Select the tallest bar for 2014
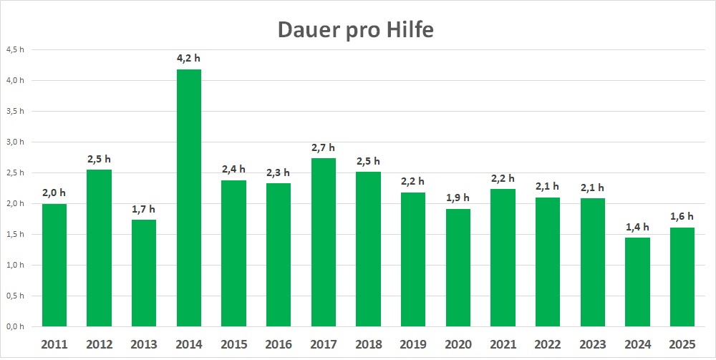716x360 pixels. click(x=188, y=198)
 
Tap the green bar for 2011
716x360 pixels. click(x=54, y=265)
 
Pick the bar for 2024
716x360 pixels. click(x=637, y=282)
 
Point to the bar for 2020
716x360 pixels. click(x=458, y=268)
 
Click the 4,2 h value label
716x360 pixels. click(x=189, y=58)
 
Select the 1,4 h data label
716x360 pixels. click(x=637, y=226)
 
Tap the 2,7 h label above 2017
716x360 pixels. click(x=324, y=147)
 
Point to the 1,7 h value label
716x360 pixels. click(x=143, y=208)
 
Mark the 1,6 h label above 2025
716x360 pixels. click(x=682, y=216)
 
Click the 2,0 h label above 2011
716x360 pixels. click(x=54, y=193)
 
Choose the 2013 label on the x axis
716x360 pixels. click(x=143, y=344)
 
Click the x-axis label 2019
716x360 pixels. click(x=413, y=344)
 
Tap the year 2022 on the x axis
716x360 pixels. click(x=548, y=344)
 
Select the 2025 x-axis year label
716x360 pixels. click(x=682, y=344)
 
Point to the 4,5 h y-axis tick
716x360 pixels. click(x=15, y=50)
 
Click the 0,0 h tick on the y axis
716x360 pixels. click(x=15, y=326)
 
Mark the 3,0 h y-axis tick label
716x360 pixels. click(x=15, y=142)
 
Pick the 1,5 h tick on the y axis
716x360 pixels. click(x=15, y=234)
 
